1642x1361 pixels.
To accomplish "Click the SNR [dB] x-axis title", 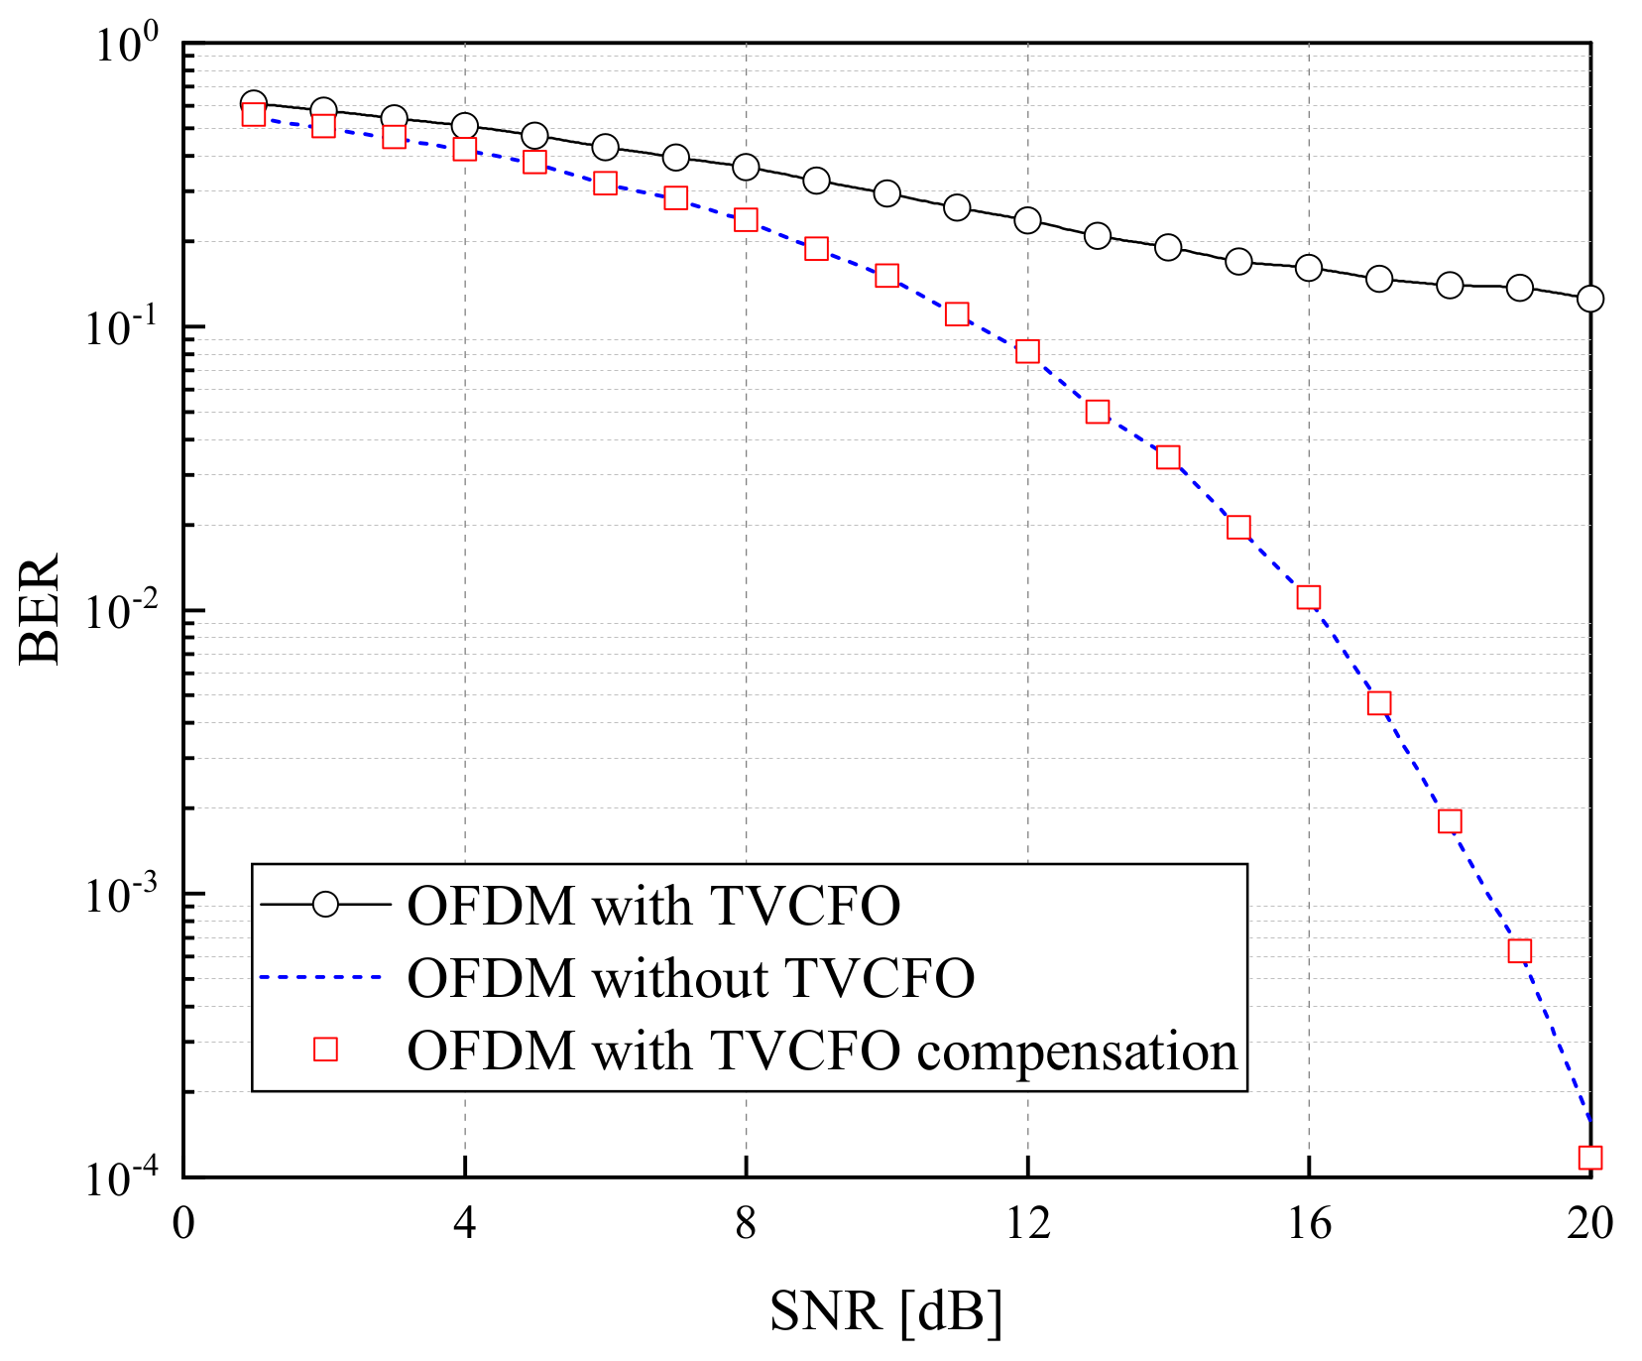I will [885, 1311].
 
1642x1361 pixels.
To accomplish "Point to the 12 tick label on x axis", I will [1027, 1224].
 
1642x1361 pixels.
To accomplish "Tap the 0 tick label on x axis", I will [183, 1224].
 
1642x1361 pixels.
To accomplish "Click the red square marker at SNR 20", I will [1589, 1158].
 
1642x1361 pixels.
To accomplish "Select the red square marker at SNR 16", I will [1309, 597].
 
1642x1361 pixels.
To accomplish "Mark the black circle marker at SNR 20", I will [1589, 299].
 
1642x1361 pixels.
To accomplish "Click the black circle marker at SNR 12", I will [1027, 220].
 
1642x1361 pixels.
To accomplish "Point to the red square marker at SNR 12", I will [1027, 351].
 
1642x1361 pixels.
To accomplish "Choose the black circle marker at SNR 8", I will [746, 167].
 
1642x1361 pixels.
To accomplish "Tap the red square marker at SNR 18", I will [1450, 821].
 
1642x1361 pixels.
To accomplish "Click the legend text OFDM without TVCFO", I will [690, 978].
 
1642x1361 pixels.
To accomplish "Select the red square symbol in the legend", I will [325, 1050].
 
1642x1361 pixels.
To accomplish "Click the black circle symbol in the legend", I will [325, 905].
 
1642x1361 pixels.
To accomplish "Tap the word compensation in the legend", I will [1077, 1052].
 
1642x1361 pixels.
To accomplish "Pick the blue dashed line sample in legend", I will [321, 978].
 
